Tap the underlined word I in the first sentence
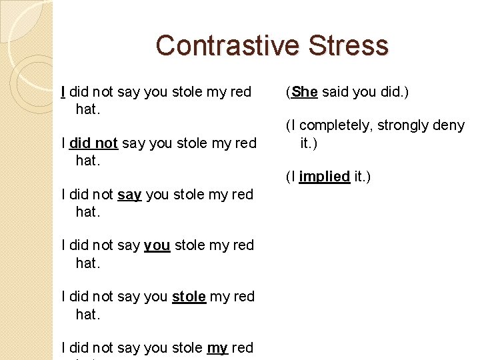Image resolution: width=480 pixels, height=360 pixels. [x=63, y=92]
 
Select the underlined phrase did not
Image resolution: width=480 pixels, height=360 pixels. [x=93, y=143]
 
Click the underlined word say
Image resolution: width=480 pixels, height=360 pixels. [x=129, y=195]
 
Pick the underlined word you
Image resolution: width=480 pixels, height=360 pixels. [x=157, y=245]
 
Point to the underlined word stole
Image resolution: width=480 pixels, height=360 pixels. [x=189, y=297]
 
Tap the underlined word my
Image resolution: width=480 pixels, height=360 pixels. [x=217, y=348]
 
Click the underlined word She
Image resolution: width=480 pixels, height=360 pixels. [x=304, y=92]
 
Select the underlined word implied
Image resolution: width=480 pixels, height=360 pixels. [x=325, y=177]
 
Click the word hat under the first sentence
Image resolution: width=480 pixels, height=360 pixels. [x=87, y=109]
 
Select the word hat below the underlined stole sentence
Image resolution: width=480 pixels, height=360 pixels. [x=87, y=314]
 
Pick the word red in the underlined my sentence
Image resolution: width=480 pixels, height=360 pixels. [x=242, y=348]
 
